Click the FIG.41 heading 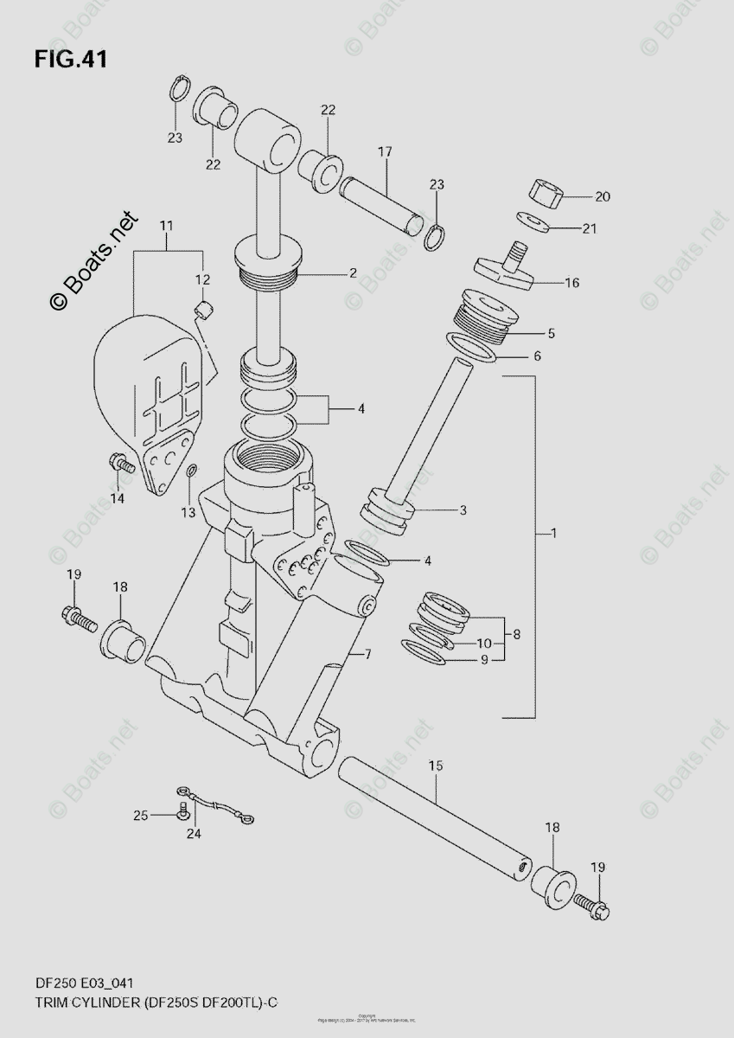71,60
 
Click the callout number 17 384,152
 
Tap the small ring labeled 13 191,471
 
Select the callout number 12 201,279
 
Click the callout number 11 166,227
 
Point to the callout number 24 193,834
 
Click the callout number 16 571,283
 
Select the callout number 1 553,534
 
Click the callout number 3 463,510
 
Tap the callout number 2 353,273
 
